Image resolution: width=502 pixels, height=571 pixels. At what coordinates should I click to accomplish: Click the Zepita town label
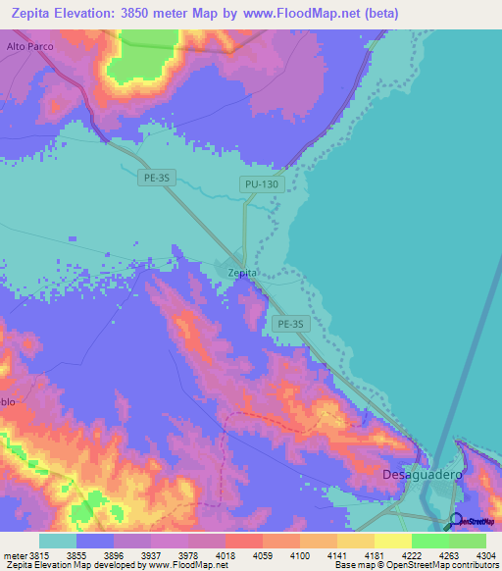pyautogui.click(x=242, y=273)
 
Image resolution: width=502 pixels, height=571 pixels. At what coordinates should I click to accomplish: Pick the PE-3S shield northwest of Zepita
pyautogui.click(x=157, y=178)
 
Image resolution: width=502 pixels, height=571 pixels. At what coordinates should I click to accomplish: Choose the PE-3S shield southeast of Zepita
pyautogui.click(x=292, y=323)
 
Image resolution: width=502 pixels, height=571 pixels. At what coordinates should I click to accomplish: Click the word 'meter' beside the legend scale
pyautogui.click(x=15, y=555)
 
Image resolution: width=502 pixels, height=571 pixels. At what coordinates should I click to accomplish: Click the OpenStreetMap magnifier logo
pyautogui.click(x=457, y=520)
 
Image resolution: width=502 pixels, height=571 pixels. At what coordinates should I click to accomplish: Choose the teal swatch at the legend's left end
pyautogui.click(x=58, y=541)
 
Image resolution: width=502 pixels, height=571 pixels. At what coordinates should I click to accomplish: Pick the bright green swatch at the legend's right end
pyautogui.click(x=467, y=541)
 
